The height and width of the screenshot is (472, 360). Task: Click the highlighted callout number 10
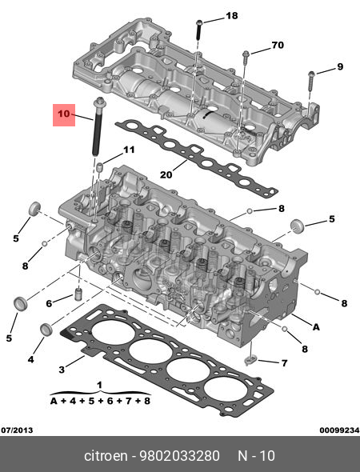tap(64, 114)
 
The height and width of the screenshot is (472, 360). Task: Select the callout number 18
tap(232, 16)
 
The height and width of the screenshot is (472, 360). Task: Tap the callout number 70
tap(278, 45)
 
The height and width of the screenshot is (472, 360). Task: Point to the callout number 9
tap(340, 66)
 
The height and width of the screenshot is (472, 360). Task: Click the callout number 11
tap(129, 150)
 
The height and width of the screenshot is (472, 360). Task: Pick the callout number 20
tap(166, 174)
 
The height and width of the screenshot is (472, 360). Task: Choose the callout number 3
tap(62, 370)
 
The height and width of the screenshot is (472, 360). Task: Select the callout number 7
tap(284, 363)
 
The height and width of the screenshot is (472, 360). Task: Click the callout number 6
tap(49, 303)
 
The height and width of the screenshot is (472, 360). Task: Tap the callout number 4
tap(30, 359)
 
